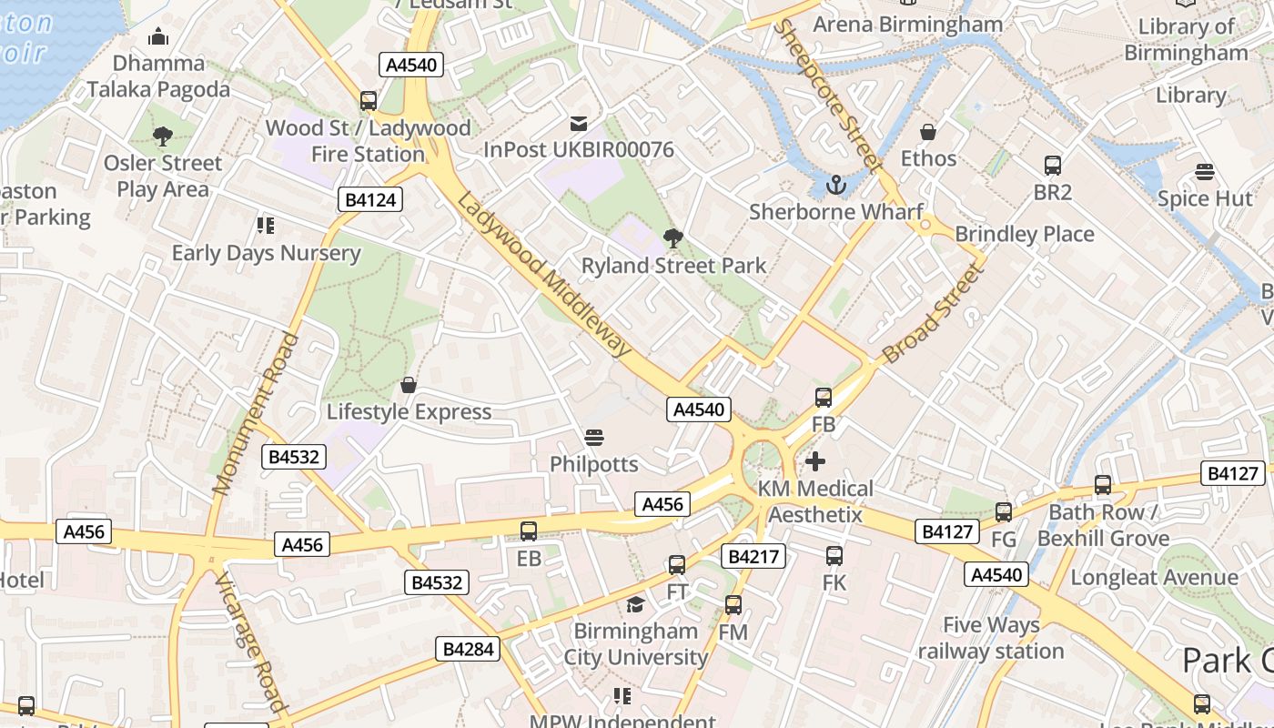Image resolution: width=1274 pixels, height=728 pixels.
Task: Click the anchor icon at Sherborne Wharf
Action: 835,185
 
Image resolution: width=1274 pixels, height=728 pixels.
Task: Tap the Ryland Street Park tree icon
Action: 673,238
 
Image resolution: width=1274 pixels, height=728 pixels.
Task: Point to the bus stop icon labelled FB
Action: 824,397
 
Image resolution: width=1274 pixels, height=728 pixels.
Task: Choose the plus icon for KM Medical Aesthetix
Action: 815,461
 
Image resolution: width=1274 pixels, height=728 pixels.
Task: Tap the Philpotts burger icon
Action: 594,438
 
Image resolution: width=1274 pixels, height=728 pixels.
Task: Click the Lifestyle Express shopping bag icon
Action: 409,385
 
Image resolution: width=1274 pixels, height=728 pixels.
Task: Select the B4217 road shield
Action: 753,555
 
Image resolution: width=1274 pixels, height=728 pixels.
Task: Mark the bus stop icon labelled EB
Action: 529,531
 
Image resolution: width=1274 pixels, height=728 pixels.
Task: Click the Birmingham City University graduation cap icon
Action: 635,604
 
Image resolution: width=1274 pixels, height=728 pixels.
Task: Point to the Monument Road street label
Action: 256,414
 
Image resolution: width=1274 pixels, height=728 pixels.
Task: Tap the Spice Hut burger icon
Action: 1205,172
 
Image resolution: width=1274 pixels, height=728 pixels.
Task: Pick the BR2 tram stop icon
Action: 1053,166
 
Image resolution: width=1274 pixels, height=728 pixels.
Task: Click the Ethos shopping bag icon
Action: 928,132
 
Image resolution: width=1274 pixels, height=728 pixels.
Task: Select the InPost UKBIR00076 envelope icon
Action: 579,123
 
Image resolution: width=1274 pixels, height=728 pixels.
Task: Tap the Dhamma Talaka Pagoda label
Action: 159,76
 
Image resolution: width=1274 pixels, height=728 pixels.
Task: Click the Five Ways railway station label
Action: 991,638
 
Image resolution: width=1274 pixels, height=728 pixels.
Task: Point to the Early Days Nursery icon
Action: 266,225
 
